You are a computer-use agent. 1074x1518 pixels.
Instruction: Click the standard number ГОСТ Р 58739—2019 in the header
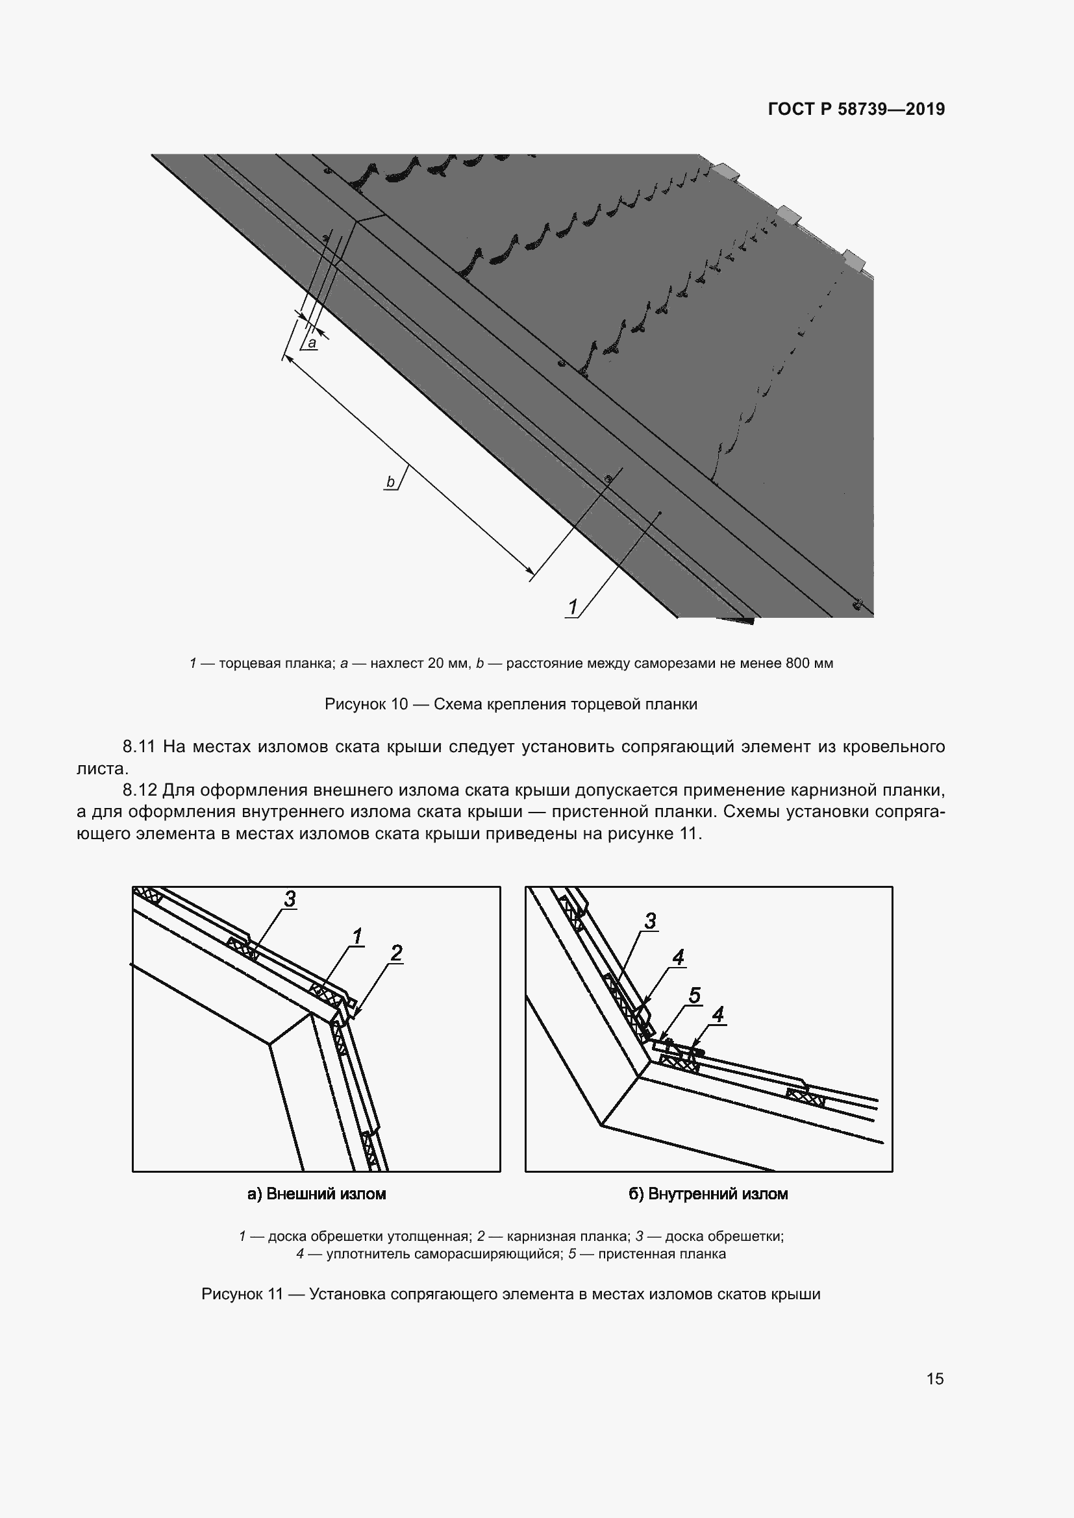pos(856,109)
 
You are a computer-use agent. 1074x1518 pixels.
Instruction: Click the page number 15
pos(934,1378)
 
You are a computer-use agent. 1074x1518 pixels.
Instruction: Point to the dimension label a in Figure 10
pos(312,343)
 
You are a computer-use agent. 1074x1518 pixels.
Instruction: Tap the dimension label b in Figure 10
pos(390,482)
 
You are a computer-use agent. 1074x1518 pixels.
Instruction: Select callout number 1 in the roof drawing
pos(573,606)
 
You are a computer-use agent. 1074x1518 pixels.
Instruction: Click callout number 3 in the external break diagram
pos(290,899)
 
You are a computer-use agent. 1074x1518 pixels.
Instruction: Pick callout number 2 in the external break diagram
pos(396,953)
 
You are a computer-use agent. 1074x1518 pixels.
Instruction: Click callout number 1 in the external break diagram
pos(357,937)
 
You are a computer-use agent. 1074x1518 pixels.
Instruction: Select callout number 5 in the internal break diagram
pos(694,995)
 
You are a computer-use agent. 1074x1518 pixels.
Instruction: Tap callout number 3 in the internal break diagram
pos(650,920)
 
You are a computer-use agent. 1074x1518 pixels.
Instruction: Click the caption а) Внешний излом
pos(316,1194)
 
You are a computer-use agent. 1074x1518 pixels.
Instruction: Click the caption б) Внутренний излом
pos(708,1194)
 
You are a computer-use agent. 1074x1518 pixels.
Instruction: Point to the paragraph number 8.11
pos(138,747)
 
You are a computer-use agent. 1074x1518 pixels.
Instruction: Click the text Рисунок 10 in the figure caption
pos(366,704)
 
